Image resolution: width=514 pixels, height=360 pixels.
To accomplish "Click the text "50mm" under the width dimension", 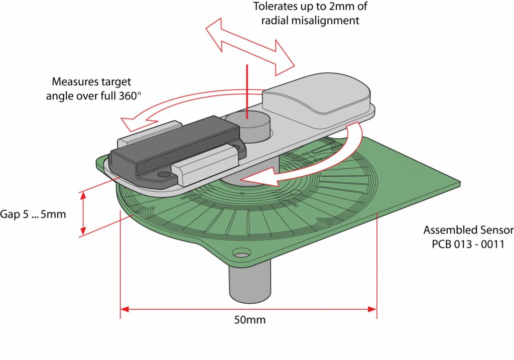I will coord(249,320).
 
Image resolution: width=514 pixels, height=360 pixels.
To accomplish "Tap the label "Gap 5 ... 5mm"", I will coord(33,213).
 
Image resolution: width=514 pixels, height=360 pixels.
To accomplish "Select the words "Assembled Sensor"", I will coord(468,230).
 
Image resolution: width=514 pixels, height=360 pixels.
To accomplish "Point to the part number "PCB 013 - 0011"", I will coord(468,245).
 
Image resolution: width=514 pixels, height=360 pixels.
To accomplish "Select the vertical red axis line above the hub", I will coord(247,90).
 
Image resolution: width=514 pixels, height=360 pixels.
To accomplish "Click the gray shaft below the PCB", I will coord(249,284).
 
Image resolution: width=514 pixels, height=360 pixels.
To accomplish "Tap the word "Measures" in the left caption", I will coord(72,82).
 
